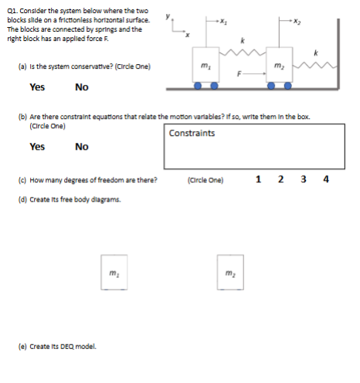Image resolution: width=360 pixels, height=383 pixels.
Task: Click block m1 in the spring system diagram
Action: [x=204, y=66]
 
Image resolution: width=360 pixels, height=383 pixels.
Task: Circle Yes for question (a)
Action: [x=36, y=87]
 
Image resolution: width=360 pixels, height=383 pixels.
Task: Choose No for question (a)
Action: [x=82, y=87]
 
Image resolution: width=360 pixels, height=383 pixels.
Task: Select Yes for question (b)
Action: [x=36, y=147]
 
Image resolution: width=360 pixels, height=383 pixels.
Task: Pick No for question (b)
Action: [x=82, y=147]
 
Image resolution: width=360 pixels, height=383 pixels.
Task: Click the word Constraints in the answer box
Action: [x=192, y=133]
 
